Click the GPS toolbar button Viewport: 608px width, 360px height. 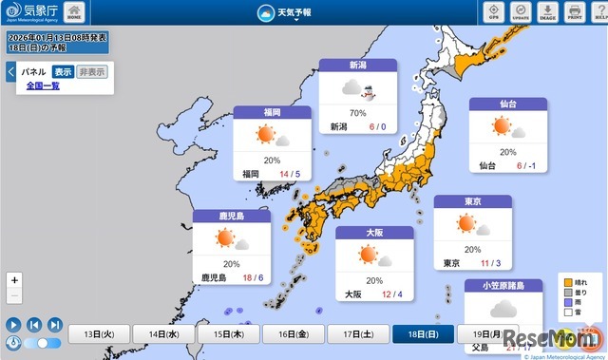click(491, 13)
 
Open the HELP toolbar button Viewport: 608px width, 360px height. click(600, 13)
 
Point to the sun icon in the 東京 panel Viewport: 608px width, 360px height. click(465, 225)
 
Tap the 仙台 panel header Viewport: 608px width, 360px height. click(507, 104)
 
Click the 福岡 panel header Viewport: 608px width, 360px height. click(272, 112)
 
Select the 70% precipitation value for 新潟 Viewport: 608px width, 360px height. click(357, 113)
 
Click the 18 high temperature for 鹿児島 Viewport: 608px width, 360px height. click(247, 278)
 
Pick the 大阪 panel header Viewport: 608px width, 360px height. click(374, 232)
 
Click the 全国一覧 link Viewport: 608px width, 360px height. click(43, 85)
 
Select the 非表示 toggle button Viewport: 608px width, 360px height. click(92, 71)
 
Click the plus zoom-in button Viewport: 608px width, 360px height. click(13, 280)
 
